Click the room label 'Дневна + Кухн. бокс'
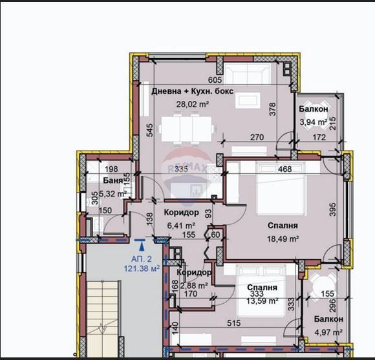point(192,91)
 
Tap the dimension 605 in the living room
point(215,79)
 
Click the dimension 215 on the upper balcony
point(333,123)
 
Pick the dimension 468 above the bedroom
point(284,169)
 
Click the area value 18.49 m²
point(284,238)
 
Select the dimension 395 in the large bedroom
point(333,209)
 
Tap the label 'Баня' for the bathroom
point(94,180)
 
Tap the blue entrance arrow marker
point(141,244)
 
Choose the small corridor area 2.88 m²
point(193,284)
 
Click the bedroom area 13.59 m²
point(262,300)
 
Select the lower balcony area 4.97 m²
point(329,332)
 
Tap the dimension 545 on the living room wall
point(149,130)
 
